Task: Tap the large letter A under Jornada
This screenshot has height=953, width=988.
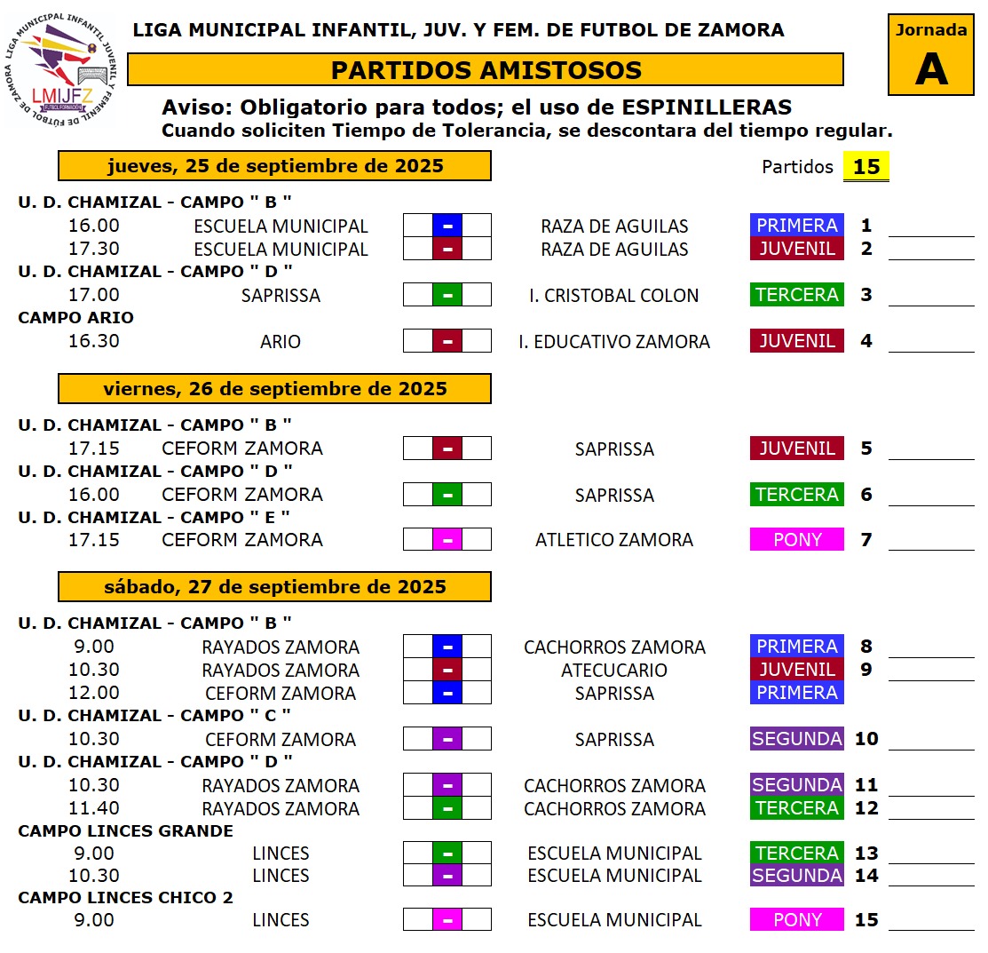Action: [x=931, y=68]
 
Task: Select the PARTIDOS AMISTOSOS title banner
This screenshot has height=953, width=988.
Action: [x=486, y=70]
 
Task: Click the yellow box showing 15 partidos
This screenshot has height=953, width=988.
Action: [x=865, y=167]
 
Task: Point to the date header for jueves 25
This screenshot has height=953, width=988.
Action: [x=274, y=166]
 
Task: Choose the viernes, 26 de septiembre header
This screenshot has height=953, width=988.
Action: [x=274, y=389]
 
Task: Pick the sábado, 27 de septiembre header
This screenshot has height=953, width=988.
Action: [x=274, y=587]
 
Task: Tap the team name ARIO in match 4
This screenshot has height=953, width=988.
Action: [x=281, y=341]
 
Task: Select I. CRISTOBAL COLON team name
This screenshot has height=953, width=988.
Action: [x=614, y=295]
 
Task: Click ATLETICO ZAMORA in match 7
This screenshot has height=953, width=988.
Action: [x=614, y=540]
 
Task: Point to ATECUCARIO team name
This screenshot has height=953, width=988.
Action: [x=614, y=670]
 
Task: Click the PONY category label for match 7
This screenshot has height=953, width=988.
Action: [x=796, y=540]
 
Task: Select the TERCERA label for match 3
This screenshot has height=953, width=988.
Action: [x=796, y=295]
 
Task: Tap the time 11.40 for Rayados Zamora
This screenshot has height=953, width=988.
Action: [x=94, y=808]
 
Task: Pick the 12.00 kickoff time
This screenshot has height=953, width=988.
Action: [x=94, y=693]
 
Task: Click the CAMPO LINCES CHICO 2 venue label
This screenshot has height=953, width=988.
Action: [x=125, y=898]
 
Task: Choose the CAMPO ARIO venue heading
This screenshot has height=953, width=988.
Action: [x=75, y=318]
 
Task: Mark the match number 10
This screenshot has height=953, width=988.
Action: [x=865, y=739]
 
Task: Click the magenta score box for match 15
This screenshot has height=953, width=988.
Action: [x=447, y=920]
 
